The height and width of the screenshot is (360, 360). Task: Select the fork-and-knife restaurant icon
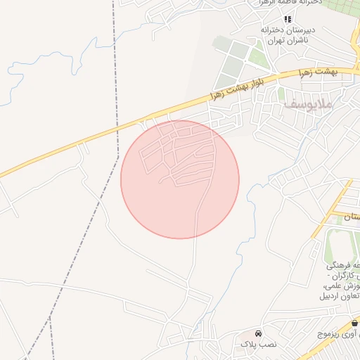286,18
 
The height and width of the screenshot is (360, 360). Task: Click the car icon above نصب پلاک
258,333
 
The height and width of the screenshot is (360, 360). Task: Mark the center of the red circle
180,179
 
